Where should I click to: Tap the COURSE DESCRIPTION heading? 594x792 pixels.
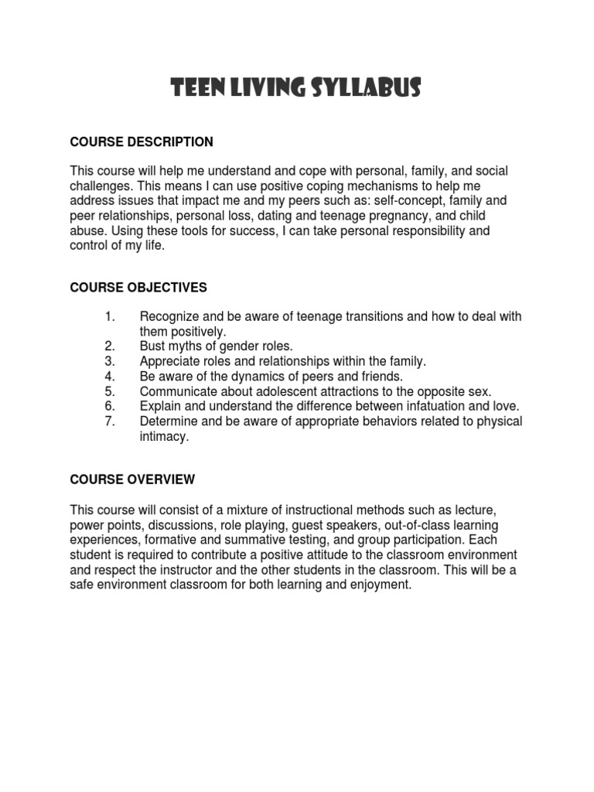click(x=142, y=142)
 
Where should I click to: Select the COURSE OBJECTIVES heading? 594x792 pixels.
click(x=138, y=288)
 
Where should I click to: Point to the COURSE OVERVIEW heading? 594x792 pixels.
click(x=132, y=480)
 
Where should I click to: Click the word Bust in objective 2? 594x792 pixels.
click(x=152, y=346)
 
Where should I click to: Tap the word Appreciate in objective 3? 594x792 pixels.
click(x=170, y=361)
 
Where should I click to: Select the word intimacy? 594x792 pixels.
click(x=163, y=436)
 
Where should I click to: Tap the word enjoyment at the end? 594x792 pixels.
click(x=379, y=585)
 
